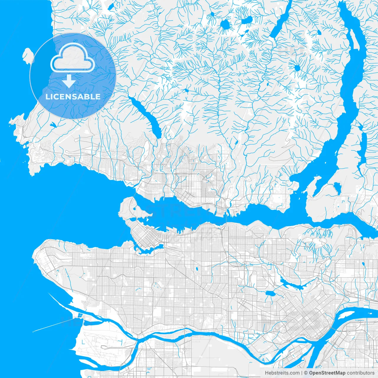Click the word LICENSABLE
[73, 97]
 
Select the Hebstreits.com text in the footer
[282, 373]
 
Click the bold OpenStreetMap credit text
[323, 373]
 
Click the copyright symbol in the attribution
[306, 373]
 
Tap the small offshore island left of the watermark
[28, 56]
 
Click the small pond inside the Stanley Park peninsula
[134, 209]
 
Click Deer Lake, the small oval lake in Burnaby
[269, 294]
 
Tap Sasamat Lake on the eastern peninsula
[337, 187]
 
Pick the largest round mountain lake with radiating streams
[226, 25]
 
